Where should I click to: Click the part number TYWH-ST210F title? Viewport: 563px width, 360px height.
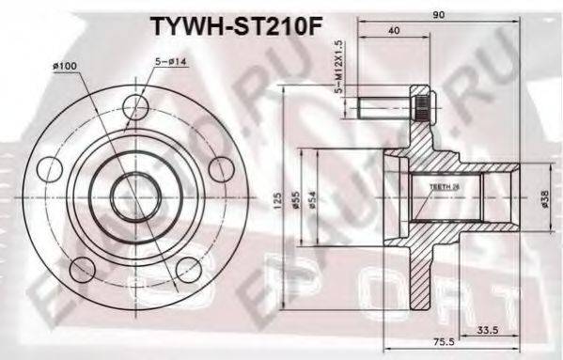[239, 24]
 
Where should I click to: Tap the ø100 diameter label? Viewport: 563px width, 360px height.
[65, 65]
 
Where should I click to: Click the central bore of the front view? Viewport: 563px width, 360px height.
[135, 198]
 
